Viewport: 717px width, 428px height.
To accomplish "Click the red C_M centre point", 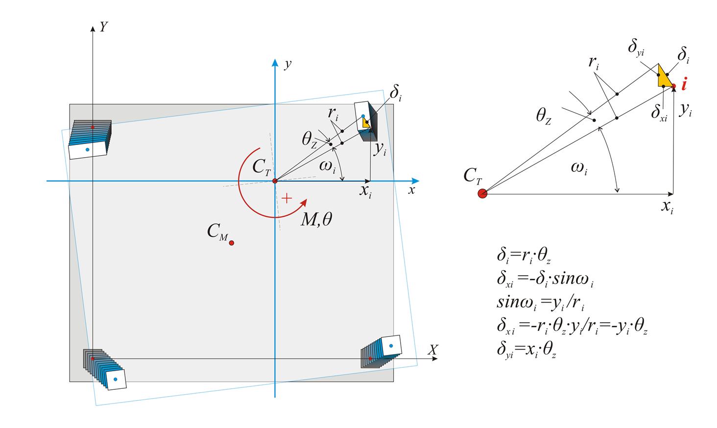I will point(232,243).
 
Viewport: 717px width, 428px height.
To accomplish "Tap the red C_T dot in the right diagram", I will point(482,193).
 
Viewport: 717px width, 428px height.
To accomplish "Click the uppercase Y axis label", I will point(103,27).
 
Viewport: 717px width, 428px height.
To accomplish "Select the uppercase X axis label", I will point(432,350).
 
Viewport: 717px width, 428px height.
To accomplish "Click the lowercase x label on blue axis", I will point(412,190).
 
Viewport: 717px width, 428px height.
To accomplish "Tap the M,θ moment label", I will point(316,220).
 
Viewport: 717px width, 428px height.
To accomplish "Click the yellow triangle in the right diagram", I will point(664,77).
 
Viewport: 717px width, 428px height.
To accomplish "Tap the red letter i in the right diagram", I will point(684,85).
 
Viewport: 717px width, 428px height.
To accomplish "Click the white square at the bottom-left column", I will point(116,380).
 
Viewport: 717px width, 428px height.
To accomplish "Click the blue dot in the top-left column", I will point(87,149).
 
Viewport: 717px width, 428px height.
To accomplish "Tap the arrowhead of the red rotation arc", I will point(305,201).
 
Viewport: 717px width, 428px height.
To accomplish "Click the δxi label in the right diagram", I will point(659,113).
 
